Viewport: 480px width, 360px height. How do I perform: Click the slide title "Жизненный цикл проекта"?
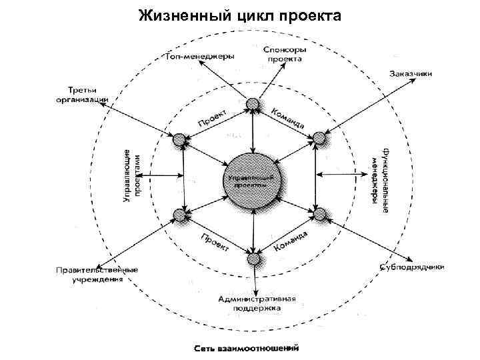click(x=239, y=15)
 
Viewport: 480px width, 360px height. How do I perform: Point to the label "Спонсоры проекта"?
click(x=284, y=53)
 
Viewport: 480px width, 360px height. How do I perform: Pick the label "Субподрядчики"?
click(x=412, y=267)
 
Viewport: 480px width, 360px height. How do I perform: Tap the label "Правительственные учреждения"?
click(x=96, y=275)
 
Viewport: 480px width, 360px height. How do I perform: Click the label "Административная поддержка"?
click(x=257, y=303)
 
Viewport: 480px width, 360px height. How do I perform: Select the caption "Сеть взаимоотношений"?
click(x=247, y=347)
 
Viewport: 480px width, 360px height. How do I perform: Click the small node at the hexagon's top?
click(x=252, y=104)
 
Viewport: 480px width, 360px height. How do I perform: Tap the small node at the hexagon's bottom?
click(x=253, y=259)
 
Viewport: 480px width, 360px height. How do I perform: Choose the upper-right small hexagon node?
click(x=321, y=139)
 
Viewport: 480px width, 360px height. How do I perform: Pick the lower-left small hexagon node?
click(x=180, y=215)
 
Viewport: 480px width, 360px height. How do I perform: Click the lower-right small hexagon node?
click(x=321, y=214)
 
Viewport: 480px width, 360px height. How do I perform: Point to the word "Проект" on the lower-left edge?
click(x=215, y=243)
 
